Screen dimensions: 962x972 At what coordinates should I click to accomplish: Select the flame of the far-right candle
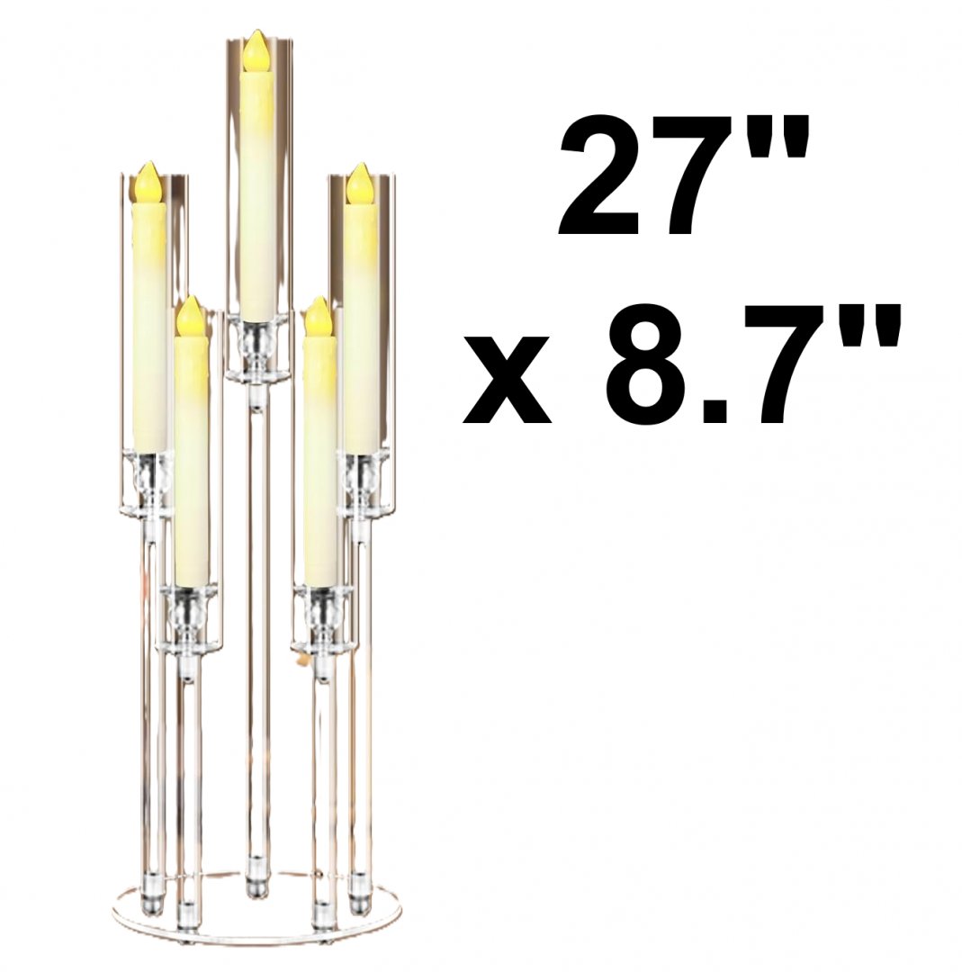[x=359, y=184]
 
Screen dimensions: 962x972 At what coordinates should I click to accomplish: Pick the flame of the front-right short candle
[x=319, y=317]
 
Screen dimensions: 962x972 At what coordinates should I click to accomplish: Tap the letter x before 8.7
[x=507, y=380]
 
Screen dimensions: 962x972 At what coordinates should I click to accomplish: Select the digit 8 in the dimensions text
[x=651, y=364]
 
